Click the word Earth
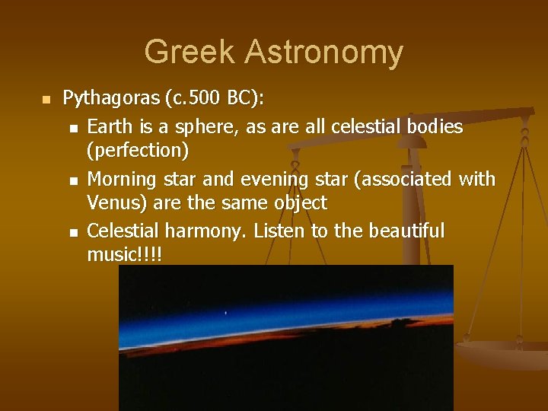click(x=110, y=126)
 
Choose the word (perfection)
click(x=138, y=150)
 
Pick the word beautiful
click(x=400, y=231)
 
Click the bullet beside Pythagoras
click(x=45, y=100)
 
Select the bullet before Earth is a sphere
click(x=72, y=128)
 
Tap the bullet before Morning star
click(x=72, y=180)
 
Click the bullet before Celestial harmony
click(x=72, y=231)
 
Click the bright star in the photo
click(x=225, y=312)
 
